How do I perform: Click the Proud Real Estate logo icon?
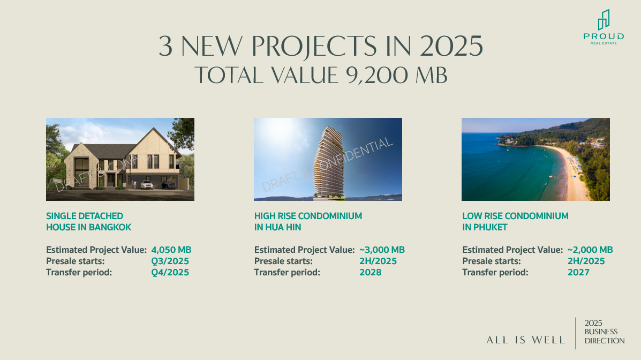click(604, 20)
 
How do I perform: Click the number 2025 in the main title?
click(451, 46)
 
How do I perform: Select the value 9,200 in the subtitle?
click(376, 76)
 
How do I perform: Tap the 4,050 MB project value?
click(171, 250)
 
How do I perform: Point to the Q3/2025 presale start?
click(170, 261)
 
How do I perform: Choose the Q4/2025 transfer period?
click(170, 273)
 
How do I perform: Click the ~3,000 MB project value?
click(382, 250)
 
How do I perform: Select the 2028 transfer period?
click(371, 273)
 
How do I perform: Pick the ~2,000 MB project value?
click(590, 250)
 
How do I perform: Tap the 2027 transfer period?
click(578, 273)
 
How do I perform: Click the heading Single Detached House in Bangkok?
click(89, 221)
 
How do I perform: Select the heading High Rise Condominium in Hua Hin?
click(308, 221)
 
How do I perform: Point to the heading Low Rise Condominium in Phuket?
click(516, 221)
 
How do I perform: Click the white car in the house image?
click(147, 185)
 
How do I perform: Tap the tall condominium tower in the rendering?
click(329, 162)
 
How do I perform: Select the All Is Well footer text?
click(526, 340)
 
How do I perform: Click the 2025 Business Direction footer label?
click(604, 332)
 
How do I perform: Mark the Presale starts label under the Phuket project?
click(492, 261)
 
